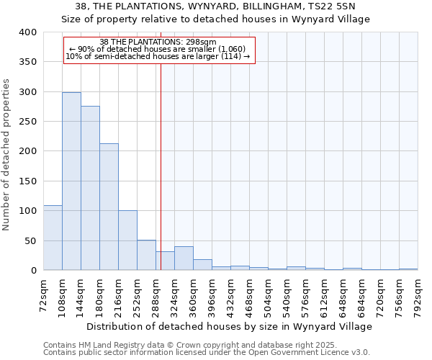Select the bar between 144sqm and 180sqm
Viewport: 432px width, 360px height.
pos(90,189)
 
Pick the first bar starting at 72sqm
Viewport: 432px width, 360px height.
pos(53,238)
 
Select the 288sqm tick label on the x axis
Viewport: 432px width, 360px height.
pos(156,295)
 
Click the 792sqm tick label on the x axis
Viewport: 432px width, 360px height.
pos(418,295)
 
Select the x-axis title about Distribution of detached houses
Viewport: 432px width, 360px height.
pos(230,326)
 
